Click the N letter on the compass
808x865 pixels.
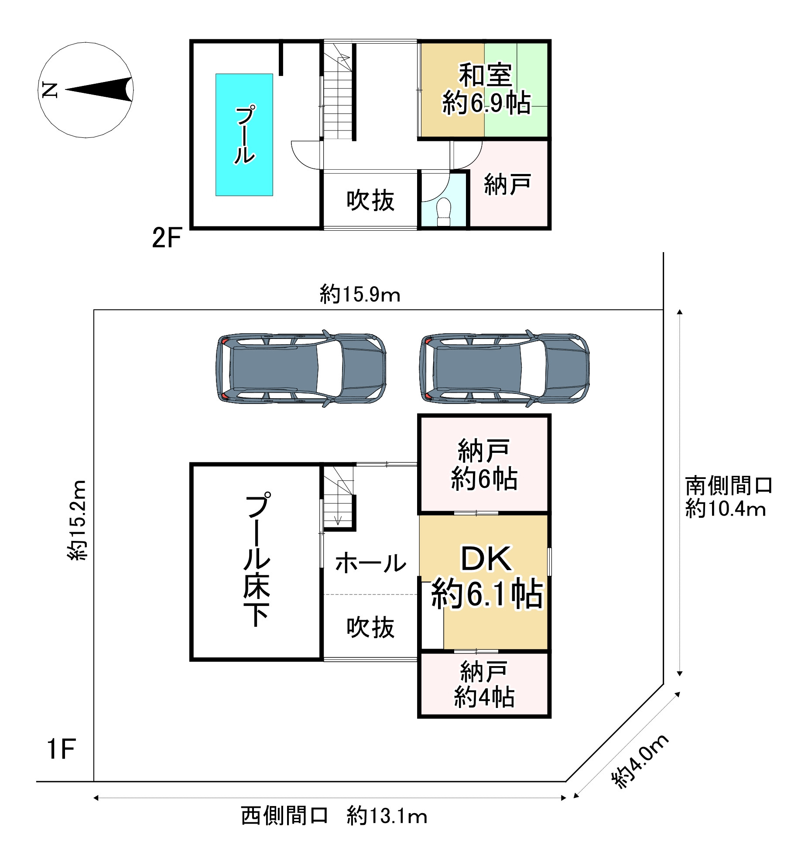50,90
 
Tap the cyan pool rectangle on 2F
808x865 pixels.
244,134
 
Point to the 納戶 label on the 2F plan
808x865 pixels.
507,184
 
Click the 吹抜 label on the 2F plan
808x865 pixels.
370,201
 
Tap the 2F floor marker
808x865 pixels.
166,238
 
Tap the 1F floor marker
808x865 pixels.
62,749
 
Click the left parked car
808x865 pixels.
301,369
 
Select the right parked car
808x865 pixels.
504,369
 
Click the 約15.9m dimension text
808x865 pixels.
360,295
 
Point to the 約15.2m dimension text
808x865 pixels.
78,520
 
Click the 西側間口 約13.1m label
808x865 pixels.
334,816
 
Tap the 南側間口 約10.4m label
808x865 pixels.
728,496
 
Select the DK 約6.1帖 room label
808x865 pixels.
486,577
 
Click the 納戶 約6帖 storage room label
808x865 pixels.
484,465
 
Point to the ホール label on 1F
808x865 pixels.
370,562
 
